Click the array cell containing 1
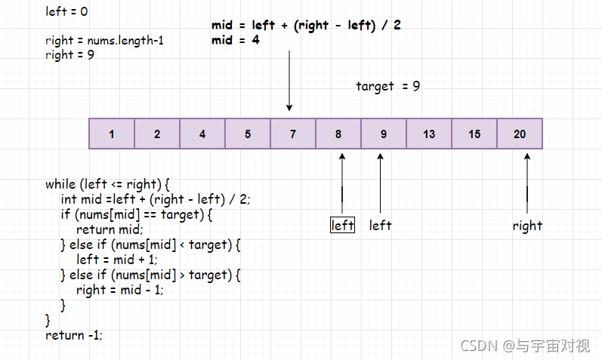coord(112,134)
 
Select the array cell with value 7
coord(293,134)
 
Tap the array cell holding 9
coord(384,134)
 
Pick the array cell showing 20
coord(520,134)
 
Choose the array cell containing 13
coord(429,134)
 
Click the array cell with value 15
coord(474,134)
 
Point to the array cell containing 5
coord(248,134)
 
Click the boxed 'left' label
coord(342,226)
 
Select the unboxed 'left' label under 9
coord(380,226)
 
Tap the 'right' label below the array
coord(527,226)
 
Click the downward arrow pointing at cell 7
coord(289,83)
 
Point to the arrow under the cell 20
coord(527,181)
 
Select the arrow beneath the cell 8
coord(342,181)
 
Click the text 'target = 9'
coord(387,86)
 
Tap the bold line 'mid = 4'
coord(236,41)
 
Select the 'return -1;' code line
coord(74,334)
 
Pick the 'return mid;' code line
coord(110,229)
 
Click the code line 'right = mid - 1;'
coord(120,290)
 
